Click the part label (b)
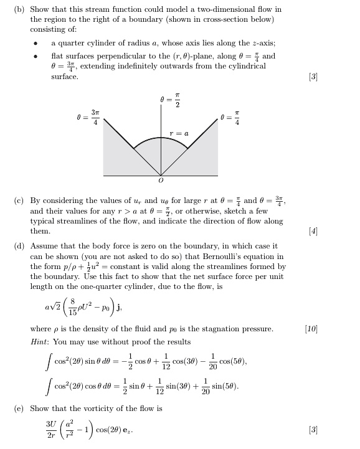pos(20,9)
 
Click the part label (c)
pos(20,201)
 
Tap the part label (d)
pos(20,246)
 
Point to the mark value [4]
pos(313,231)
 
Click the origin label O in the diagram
pos(161,181)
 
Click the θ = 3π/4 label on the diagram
pos(86,117)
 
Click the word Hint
pos(39,342)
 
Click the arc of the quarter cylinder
pos(161,139)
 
